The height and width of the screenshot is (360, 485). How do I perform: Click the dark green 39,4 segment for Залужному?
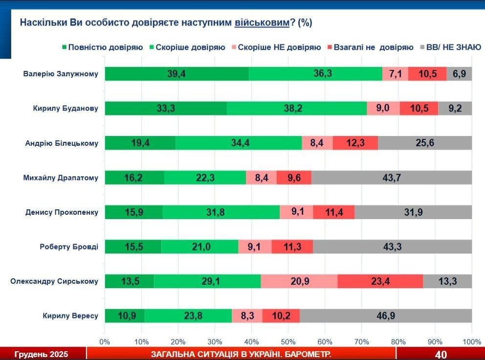(x=176, y=74)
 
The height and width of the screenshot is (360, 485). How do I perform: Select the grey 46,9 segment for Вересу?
(x=386, y=316)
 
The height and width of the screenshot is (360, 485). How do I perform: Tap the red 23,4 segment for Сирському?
(x=380, y=281)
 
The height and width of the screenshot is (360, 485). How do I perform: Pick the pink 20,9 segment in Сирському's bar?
(x=299, y=281)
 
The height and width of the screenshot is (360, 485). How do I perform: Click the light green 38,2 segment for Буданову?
(x=297, y=109)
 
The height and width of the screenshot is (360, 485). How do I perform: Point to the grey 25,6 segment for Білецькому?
(x=424, y=143)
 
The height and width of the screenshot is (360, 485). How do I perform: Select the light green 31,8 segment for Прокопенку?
(x=221, y=212)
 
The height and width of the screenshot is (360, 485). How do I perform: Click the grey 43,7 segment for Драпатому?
(x=392, y=178)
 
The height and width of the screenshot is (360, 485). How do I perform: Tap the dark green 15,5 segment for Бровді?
(x=133, y=247)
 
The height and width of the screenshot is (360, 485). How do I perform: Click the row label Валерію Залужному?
(x=61, y=74)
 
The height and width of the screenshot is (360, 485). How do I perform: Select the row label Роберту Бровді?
(x=69, y=247)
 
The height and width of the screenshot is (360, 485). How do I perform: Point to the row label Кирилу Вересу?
(x=70, y=316)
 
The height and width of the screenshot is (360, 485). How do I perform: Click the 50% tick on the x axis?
(x=288, y=341)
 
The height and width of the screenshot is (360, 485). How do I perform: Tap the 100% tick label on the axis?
(x=471, y=341)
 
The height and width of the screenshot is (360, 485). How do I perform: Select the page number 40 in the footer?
(x=441, y=354)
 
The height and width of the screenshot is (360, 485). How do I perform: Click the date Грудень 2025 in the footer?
(x=42, y=354)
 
